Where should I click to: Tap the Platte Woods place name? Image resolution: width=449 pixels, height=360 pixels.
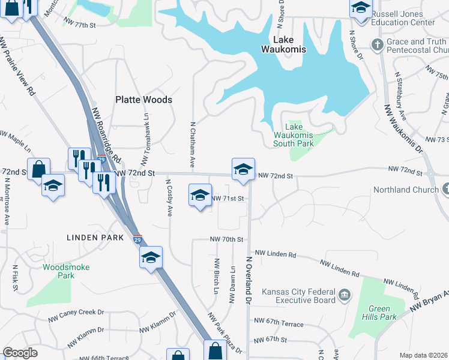pos(144,100)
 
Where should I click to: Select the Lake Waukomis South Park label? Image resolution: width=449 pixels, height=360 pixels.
pos(293,135)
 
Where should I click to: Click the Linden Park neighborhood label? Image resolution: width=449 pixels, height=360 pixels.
pos(95,238)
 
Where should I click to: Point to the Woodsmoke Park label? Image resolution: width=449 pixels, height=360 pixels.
pos(58,271)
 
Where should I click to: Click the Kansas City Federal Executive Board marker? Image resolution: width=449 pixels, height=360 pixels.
pos(345,295)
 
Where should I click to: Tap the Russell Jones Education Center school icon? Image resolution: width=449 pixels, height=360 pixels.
pos(360,8)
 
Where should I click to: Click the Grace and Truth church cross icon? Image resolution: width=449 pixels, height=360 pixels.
pos(377,44)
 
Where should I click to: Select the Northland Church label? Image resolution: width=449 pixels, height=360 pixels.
pos(406,190)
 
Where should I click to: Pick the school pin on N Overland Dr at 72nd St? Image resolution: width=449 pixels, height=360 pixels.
pos(243,170)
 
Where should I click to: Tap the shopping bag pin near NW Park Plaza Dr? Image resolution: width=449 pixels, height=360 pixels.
pos(214,351)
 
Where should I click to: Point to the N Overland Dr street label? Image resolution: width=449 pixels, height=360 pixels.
pos(248,280)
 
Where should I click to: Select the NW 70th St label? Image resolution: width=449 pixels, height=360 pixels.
pos(226,239)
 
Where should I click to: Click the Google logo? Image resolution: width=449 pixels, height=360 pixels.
pos(20,353)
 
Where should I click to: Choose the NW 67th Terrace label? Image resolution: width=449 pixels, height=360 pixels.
pos(279,324)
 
